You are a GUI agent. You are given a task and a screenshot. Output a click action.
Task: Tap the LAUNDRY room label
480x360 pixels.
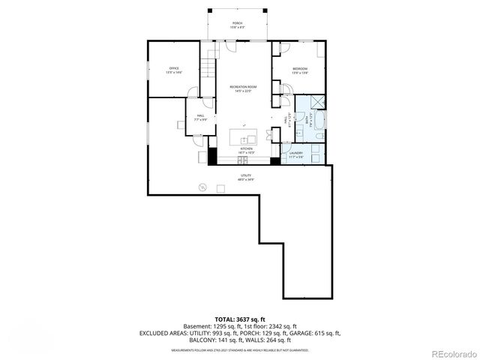[295, 154]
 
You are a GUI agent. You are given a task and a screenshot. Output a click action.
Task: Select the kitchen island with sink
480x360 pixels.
[243, 138]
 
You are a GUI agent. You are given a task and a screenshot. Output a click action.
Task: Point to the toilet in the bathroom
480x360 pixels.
[319, 136]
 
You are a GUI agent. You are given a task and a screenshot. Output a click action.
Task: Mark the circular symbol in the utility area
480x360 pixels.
[202, 187]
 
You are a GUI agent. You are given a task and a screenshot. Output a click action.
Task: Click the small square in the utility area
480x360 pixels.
[220, 187]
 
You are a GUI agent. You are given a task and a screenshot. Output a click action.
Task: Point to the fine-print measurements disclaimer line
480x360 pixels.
[239, 350]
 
